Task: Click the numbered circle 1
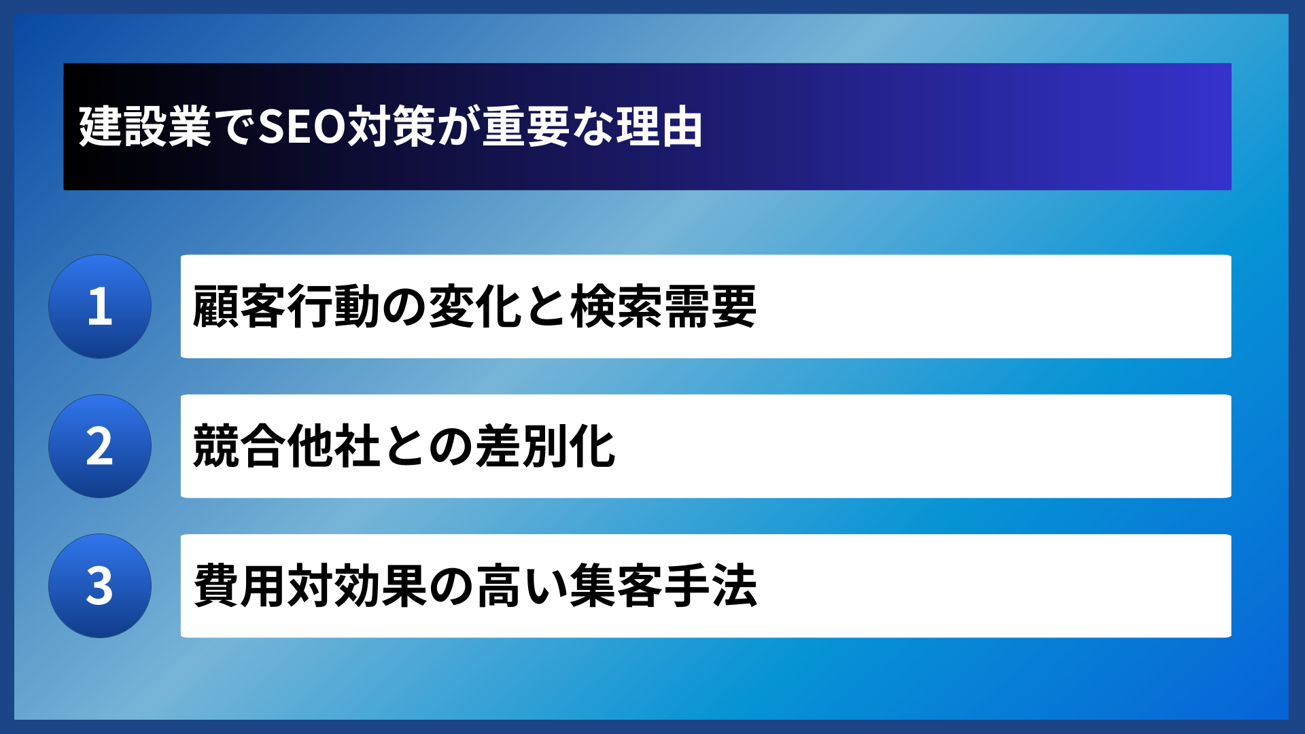[100, 307]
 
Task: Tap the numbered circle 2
[100, 447]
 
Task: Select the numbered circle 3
[100, 586]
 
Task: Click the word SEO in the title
[302, 127]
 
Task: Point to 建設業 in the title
[145, 127]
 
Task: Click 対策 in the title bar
[391, 127]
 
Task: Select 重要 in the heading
[525, 127]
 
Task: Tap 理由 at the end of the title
[659, 127]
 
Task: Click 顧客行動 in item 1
[286, 307]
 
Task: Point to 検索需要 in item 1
[663, 307]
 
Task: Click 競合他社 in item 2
[286, 447]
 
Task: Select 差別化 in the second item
[546, 447]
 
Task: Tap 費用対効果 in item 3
[310, 586]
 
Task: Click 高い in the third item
[499, 586]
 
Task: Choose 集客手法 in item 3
[663, 586]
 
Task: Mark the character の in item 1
[404, 307]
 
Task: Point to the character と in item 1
[546, 307]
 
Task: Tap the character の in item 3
[451, 586]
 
